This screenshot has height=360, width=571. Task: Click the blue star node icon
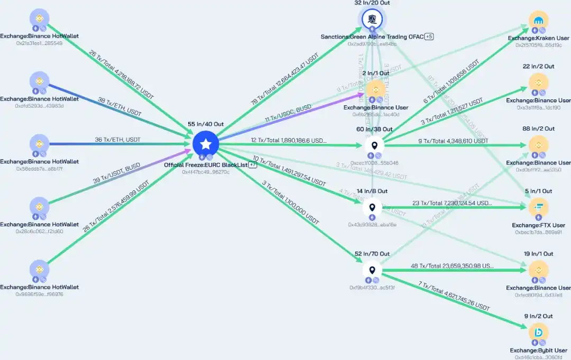tap(206, 143)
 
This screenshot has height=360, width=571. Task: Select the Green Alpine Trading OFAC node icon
tap(372, 20)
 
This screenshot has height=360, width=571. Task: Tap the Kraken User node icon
tap(539, 21)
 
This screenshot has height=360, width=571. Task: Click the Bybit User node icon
tap(539, 333)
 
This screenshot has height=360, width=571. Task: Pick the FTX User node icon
tap(539, 207)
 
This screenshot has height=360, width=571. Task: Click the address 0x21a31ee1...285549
tap(39, 43)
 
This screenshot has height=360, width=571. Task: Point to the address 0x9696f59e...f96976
tap(39, 294)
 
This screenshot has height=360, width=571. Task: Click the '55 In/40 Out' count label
tap(206, 124)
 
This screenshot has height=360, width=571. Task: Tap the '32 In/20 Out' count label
tap(372, 3)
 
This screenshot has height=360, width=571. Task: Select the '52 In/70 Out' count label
tap(372, 254)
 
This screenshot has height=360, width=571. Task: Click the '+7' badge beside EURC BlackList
tap(253, 165)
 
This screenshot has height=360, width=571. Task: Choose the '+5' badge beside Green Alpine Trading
tap(429, 37)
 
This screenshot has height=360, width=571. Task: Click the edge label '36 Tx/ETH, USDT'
tap(118, 140)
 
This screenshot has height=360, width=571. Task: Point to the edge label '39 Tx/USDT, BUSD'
tap(117, 173)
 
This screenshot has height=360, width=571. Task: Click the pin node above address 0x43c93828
tap(372, 207)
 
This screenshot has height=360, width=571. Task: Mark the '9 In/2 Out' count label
tap(539, 316)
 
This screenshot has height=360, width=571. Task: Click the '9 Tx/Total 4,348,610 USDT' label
tap(453, 141)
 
